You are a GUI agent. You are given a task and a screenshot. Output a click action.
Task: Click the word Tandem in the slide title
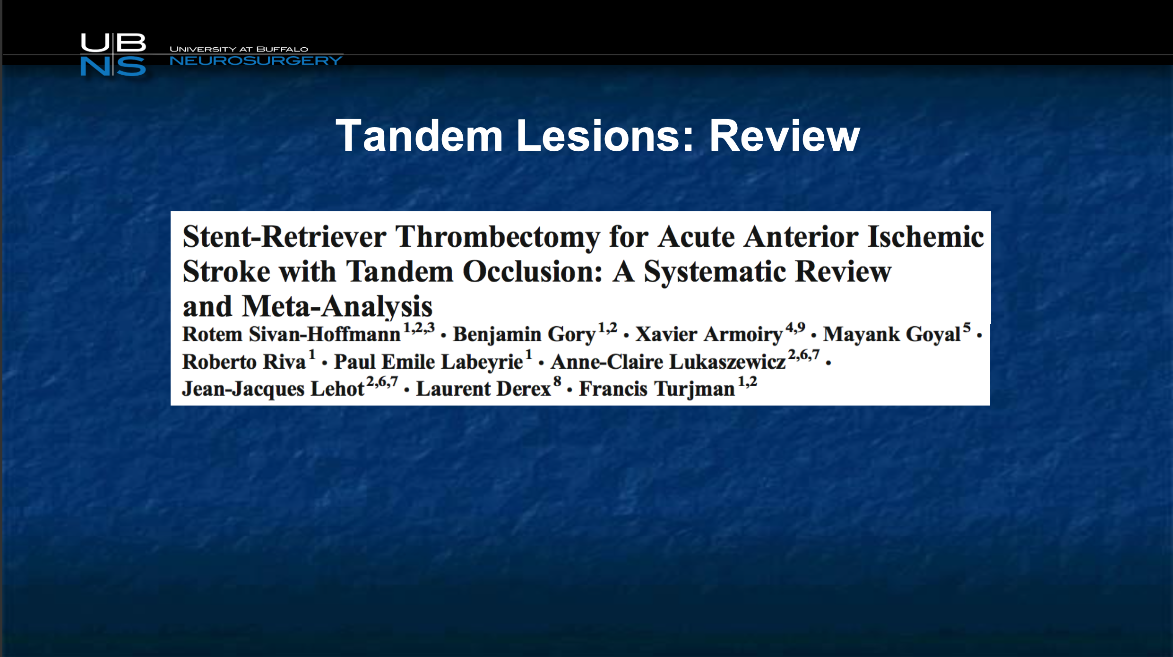coord(420,136)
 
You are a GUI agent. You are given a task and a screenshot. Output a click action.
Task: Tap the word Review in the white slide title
coord(785,136)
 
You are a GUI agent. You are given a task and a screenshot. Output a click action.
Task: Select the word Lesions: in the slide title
coord(605,136)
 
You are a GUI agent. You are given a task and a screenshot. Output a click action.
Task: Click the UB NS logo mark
coord(113,54)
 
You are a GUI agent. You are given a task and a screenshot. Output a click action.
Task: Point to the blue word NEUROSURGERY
coord(256,61)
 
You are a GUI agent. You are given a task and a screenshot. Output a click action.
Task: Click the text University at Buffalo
coord(239,49)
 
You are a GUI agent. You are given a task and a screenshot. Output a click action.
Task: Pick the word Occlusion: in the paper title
coord(533,271)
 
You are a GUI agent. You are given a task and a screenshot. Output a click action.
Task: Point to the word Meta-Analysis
coord(337,307)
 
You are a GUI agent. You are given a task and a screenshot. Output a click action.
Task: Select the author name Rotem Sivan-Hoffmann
coord(292,334)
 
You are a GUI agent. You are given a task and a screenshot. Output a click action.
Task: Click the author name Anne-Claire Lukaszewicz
coord(668,362)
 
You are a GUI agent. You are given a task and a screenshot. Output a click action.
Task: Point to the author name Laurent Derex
coord(483,389)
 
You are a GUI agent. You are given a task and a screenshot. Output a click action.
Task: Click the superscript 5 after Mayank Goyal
coord(967,328)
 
